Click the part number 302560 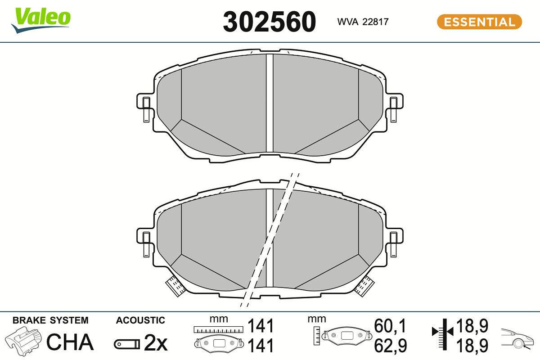pyautogui.click(x=270, y=22)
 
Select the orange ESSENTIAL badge pyautogui.click(x=479, y=22)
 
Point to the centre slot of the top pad pyautogui.click(x=270, y=103)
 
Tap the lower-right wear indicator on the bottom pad pyautogui.click(x=365, y=285)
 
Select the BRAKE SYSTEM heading pyautogui.click(x=50, y=320)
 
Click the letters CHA pyautogui.click(x=70, y=342)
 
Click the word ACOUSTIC pyautogui.click(x=140, y=320)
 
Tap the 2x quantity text pyautogui.click(x=155, y=344)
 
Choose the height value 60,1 pyautogui.click(x=390, y=325)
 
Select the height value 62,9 pyautogui.click(x=390, y=345)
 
